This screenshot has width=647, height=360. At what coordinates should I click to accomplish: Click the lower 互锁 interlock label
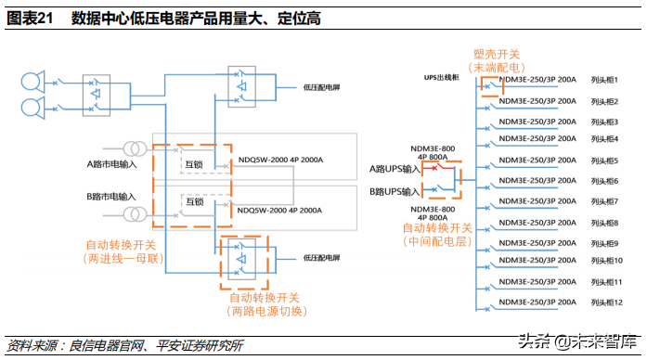(x=192, y=201)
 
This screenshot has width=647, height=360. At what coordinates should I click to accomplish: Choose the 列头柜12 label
(x=605, y=302)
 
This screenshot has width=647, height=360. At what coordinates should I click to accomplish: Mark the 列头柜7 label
(x=603, y=201)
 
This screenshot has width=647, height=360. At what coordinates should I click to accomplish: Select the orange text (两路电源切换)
(x=265, y=311)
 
